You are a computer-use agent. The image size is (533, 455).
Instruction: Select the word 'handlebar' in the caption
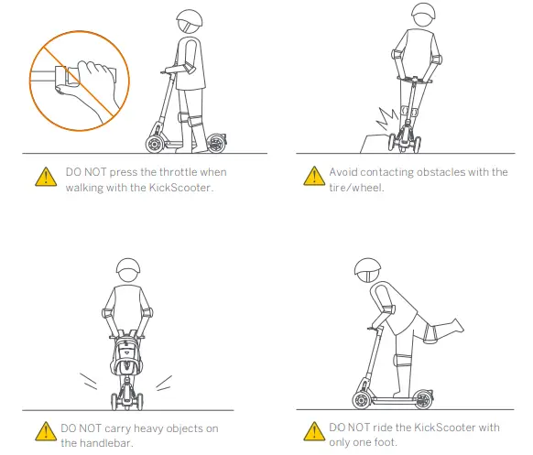[102, 443]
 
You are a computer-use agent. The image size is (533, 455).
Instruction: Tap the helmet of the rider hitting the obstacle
[421, 17]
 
